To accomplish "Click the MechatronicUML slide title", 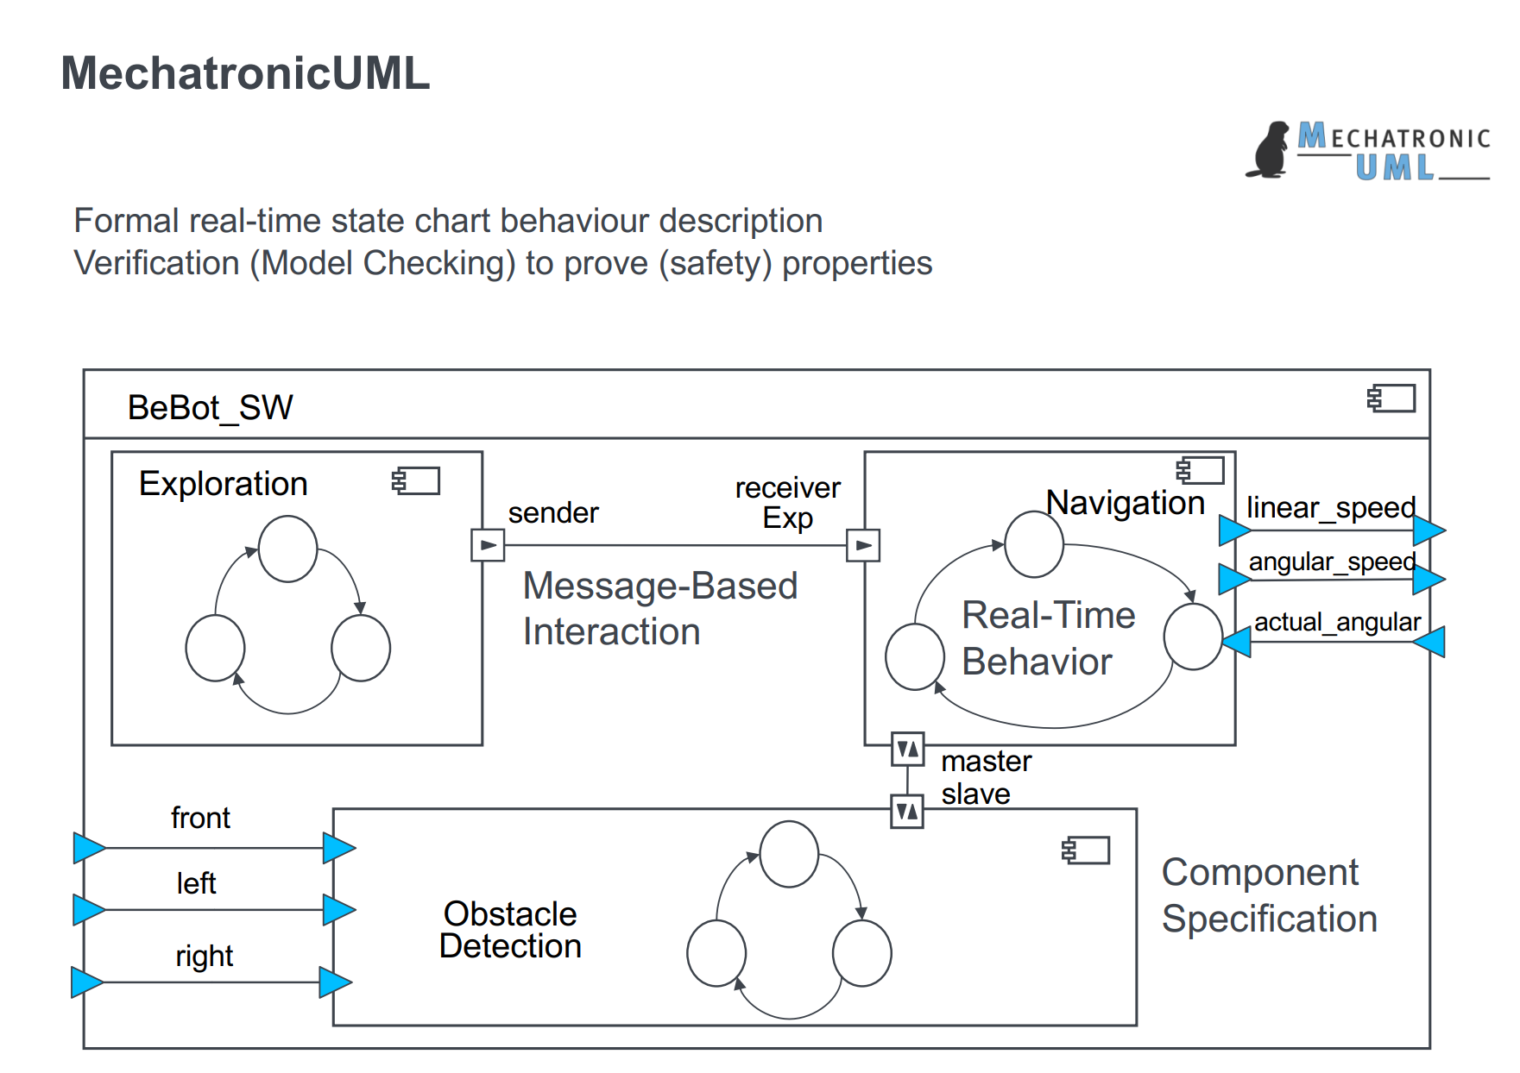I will coord(245,73).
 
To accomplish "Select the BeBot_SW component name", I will coord(210,407).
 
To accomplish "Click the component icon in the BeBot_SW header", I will coord(1392,398).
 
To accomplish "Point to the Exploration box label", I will coord(223,484).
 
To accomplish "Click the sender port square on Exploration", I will coord(488,545).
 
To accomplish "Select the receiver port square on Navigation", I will coord(863,545).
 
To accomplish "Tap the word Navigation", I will coord(1125,503).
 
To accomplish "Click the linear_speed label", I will coord(1331,507).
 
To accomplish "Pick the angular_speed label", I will coord(1332,562).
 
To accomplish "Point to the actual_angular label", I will coord(1337,622).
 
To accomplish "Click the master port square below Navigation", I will coord(907,749).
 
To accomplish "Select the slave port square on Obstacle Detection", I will coord(907,811).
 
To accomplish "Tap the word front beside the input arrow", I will coord(200,818).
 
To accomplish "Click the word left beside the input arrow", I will coord(196,883).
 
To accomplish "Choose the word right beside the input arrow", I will coord(204,956).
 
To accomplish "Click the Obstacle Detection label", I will coord(510,930).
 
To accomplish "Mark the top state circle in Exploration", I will coord(287,549).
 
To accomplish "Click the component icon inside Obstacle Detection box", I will coord(1086,850).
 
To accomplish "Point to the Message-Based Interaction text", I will coord(659,608).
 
